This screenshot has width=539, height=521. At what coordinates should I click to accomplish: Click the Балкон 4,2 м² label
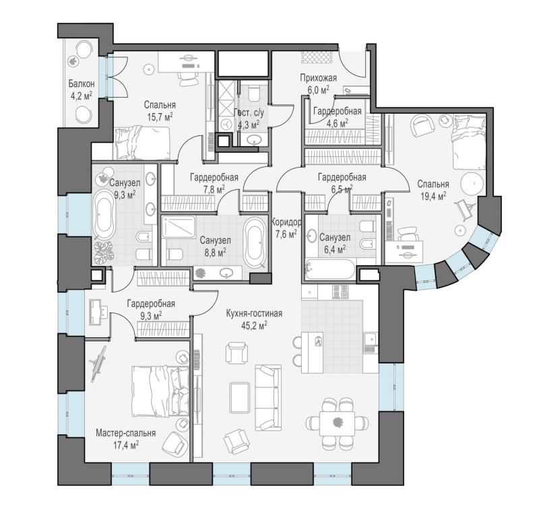tap(81, 90)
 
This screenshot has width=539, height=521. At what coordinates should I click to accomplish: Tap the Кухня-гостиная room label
tap(254, 314)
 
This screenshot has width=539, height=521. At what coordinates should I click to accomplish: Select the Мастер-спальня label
tap(125, 433)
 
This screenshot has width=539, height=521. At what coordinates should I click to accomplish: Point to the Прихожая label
tap(318, 78)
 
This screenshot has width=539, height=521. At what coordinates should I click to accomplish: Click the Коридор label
tap(286, 222)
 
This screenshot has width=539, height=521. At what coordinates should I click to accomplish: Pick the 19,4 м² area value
tap(433, 196)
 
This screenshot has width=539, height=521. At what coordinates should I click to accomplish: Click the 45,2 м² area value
tap(255, 325)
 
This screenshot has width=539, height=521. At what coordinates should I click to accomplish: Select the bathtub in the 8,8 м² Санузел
tap(255, 242)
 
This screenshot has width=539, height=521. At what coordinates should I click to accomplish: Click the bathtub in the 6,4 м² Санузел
tap(329, 269)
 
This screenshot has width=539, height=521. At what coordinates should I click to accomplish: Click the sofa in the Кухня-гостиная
tap(268, 398)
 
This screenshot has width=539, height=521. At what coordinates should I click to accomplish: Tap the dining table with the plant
tap(338, 423)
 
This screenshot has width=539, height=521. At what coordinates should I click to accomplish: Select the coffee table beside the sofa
tap(240, 397)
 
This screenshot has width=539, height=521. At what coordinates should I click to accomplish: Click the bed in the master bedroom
tap(160, 391)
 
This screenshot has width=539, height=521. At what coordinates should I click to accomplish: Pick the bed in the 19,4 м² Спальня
tap(469, 142)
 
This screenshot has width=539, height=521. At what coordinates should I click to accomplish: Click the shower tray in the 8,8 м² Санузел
tap(178, 227)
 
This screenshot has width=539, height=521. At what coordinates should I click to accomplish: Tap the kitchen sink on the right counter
tap(370, 338)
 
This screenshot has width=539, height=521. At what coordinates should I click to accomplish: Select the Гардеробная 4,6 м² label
tap(338, 116)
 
